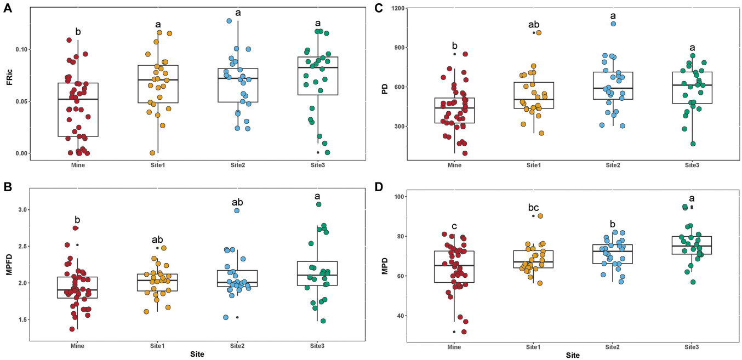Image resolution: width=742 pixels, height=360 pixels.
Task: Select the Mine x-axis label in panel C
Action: point(454,165)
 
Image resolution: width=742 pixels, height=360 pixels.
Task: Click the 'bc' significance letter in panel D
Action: point(533,208)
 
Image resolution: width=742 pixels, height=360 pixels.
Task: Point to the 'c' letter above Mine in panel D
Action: point(454,226)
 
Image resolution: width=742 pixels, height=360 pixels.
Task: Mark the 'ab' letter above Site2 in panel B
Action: point(237,202)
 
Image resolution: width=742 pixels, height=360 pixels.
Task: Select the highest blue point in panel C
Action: point(613,24)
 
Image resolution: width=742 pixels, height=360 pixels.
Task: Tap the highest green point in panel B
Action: point(318,204)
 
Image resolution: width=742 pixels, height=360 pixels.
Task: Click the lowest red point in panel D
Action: point(464,332)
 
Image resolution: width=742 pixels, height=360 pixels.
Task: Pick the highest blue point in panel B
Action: point(237,210)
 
